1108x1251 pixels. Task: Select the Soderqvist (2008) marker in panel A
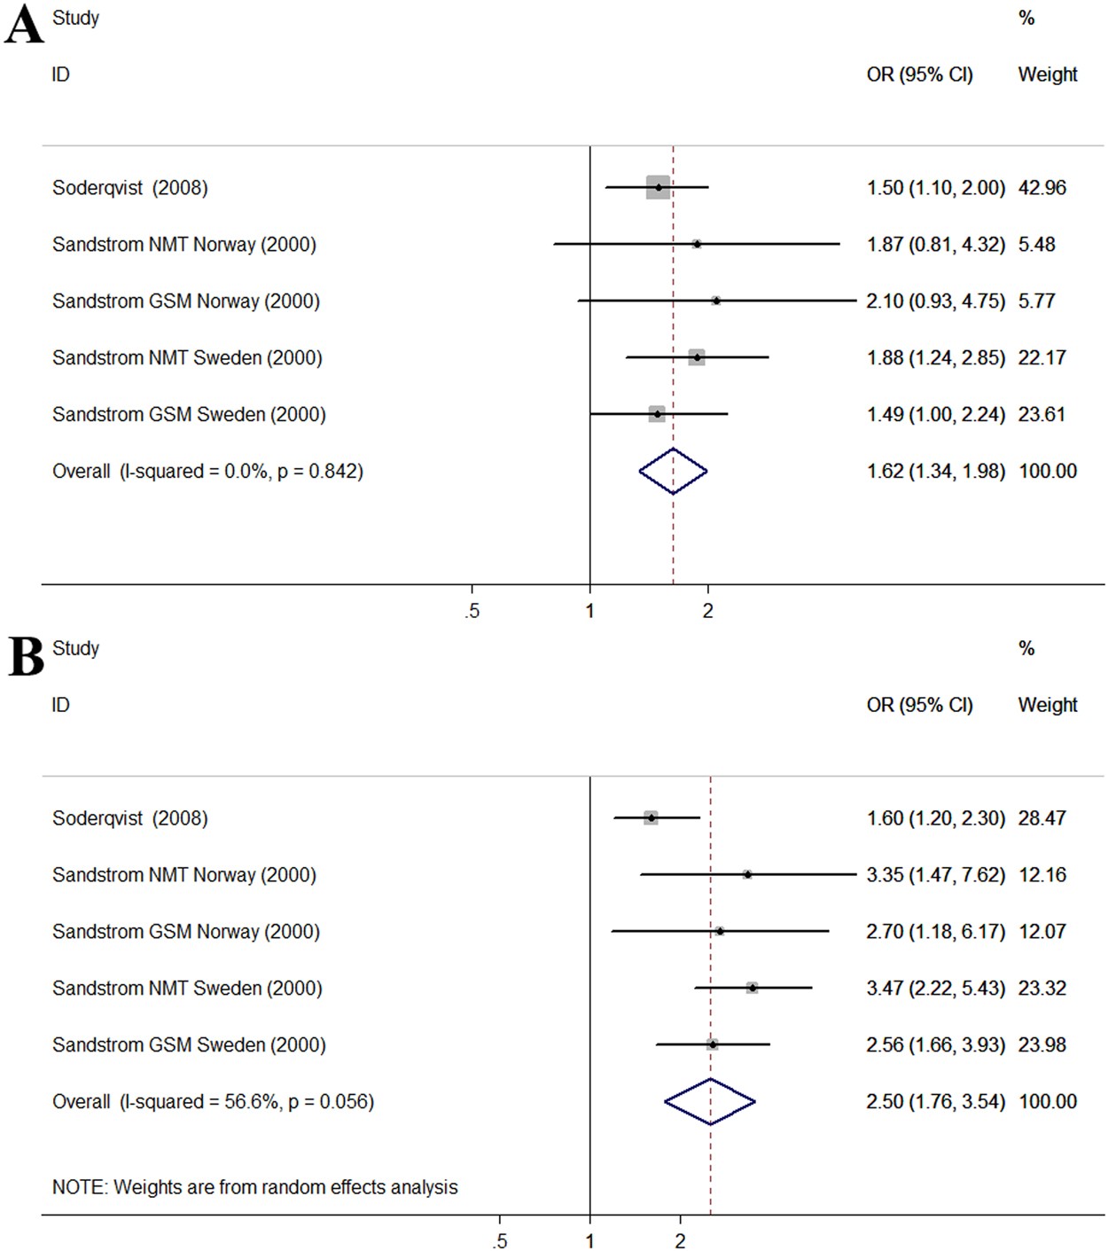pos(658,187)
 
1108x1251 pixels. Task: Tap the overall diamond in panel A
pos(673,471)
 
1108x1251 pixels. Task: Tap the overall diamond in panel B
pos(710,1101)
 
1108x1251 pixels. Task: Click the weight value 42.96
pos(1042,188)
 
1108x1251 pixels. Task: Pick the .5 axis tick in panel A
pos(472,611)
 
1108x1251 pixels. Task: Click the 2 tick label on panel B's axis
pos(680,1241)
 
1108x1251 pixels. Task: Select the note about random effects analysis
pos(254,1187)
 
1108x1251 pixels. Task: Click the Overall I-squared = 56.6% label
pos(213,1101)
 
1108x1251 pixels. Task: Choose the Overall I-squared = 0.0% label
pos(207,471)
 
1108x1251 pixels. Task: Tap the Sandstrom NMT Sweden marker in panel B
pos(752,988)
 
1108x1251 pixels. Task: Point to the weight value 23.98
pos(1042,1044)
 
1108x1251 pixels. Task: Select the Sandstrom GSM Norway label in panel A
pos(185,301)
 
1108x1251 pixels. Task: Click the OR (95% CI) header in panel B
pos(919,705)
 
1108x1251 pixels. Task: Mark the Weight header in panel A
pos(1047,74)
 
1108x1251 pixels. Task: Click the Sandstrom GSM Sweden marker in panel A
pos(657,414)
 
